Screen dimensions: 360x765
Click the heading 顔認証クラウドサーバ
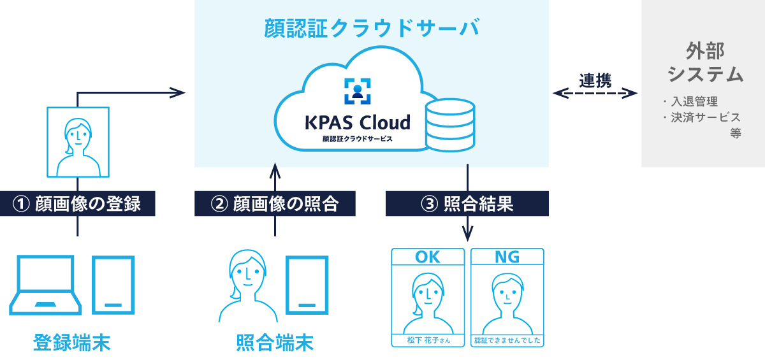pos(372,29)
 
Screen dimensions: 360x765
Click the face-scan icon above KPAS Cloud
pos(357,90)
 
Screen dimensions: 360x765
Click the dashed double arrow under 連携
pos(595,94)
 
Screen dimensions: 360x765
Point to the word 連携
pos(595,80)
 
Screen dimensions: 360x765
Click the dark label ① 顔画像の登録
pos(77,204)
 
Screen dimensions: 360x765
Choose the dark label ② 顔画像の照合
pos(275,204)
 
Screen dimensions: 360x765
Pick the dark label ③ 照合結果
pos(467,204)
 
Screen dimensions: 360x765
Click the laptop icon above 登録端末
pos(48,285)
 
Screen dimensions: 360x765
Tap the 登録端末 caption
pos(71,342)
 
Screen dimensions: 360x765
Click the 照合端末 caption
pos(275,342)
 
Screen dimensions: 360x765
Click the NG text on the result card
pos(507,257)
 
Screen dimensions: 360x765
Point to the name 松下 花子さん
pos(428,340)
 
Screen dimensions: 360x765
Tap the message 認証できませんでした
pos(507,340)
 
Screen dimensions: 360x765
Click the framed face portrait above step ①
pos(77,141)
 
